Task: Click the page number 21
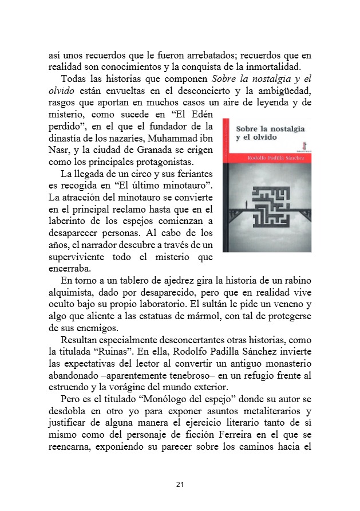point(180,485)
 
